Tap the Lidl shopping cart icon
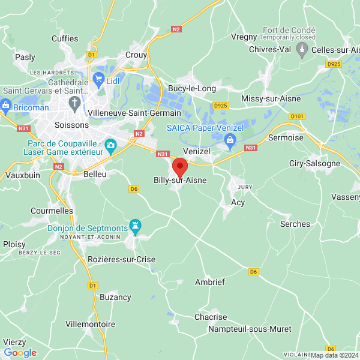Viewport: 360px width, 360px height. (x=98, y=79)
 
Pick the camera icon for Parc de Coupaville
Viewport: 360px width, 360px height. (x=110, y=145)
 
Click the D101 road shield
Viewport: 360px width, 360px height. (x=296, y=116)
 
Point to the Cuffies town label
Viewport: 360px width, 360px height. (x=65, y=38)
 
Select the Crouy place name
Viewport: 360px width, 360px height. (x=136, y=55)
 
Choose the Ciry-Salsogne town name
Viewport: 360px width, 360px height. (x=315, y=163)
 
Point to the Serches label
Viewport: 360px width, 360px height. (x=295, y=224)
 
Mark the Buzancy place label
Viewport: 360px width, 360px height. (x=115, y=297)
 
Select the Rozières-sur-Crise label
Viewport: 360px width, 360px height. (x=122, y=259)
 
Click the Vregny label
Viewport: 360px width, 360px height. (x=244, y=37)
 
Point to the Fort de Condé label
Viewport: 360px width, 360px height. (x=289, y=30)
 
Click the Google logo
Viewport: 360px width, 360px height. (x=20, y=353)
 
